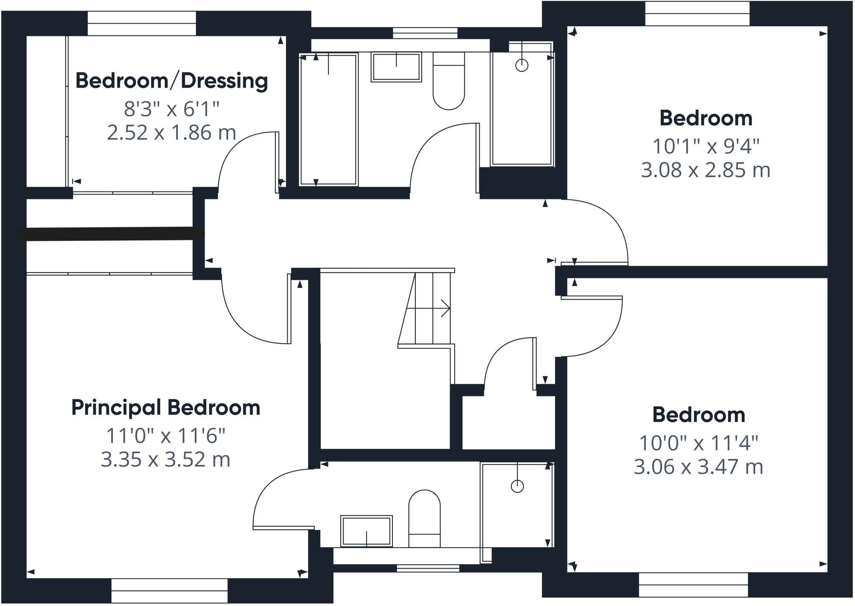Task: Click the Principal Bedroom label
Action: coord(166,407)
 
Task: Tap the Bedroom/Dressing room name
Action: coord(171,81)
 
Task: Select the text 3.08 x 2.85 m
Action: coord(705,170)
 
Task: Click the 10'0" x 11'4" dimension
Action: coord(698,443)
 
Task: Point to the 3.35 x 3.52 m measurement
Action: coord(165,460)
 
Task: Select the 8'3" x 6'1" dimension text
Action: coord(171,109)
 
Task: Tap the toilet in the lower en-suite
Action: coord(424,519)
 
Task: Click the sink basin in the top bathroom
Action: coord(396,67)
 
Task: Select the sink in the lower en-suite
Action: coord(367,531)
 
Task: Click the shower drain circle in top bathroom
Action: coord(522,65)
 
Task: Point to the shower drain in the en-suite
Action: coord(517,486)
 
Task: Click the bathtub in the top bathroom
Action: coord(329,119)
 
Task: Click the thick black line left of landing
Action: coord(111,234)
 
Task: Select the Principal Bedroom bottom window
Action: coord(169,590)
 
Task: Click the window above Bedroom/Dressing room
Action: coord(142,23)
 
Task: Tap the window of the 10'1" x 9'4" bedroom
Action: coord(697,14)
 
